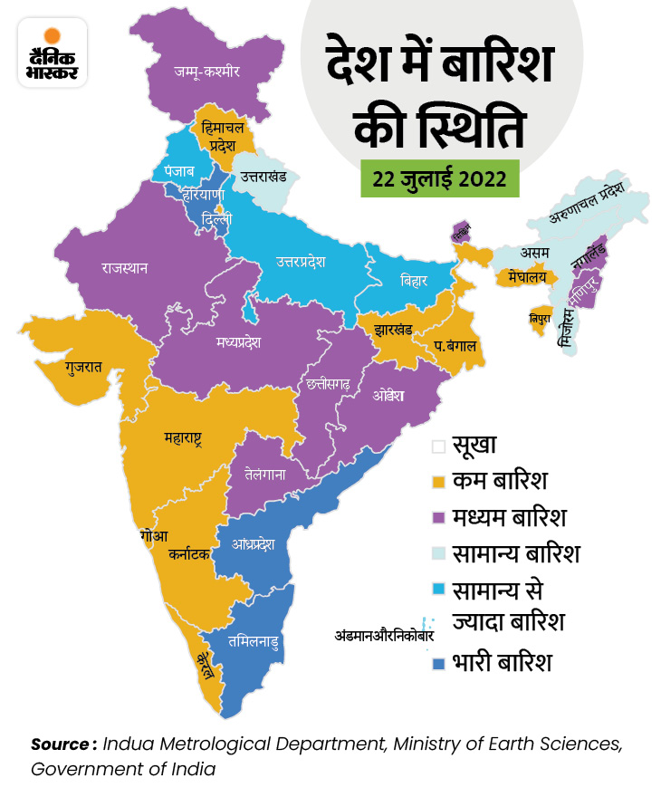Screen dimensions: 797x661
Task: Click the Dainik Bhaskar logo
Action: coord(53,53)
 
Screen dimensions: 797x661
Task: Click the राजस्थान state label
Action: coord(125,268)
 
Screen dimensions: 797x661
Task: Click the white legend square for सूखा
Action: coord(438,445)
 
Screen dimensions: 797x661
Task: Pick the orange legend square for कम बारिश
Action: coord(438,481)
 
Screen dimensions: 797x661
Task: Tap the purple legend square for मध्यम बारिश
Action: coord(438,517)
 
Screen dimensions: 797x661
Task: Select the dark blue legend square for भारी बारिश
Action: coord(438,663)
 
